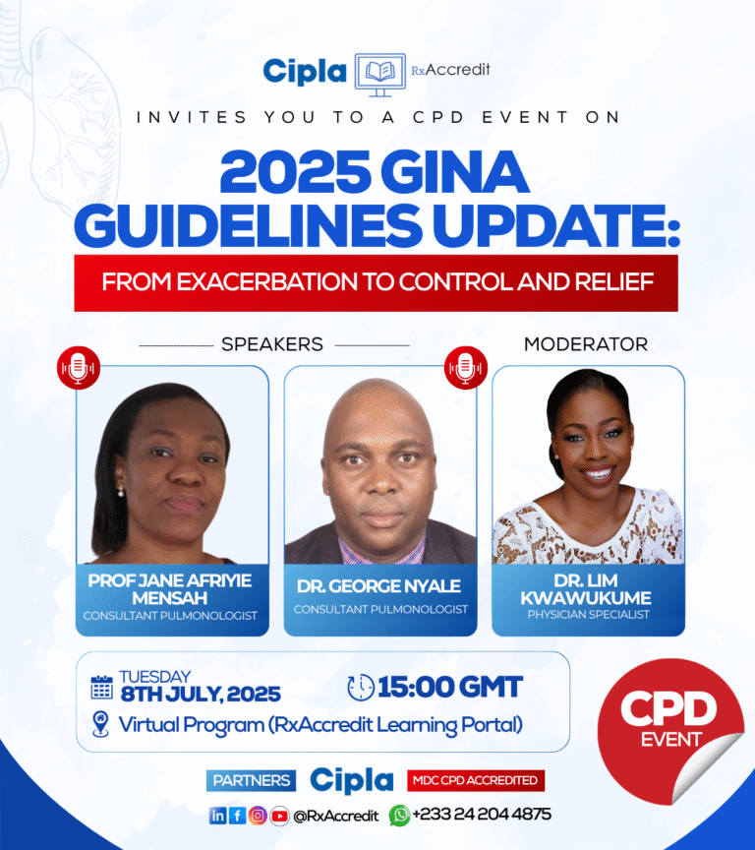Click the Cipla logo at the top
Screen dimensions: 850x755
(x=305, y=71)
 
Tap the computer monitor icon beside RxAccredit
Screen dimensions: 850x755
(x=379, y=74)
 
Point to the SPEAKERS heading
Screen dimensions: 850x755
(x=272, y=345)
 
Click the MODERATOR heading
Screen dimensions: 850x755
(x=586, y=344)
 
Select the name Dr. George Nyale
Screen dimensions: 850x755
(x=380, y=586)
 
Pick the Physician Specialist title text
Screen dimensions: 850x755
(x=588, y=615)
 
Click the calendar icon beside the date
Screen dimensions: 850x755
(x=101, y=687)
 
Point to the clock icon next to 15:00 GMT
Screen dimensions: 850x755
(x=362, y=687)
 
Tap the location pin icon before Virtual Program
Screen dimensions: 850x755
(x=100, y=725)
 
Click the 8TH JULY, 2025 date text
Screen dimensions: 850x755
(x=201, y=695)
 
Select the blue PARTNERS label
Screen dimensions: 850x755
(x=251, y=781)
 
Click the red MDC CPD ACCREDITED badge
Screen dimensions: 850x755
(x=476, y=781)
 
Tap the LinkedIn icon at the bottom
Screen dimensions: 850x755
(x=217, y=815)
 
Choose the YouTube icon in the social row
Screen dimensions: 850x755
(x=279, y=815)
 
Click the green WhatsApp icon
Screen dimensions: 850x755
(x=400, y=815)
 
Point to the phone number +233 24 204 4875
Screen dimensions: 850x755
(x=482, y=815)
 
